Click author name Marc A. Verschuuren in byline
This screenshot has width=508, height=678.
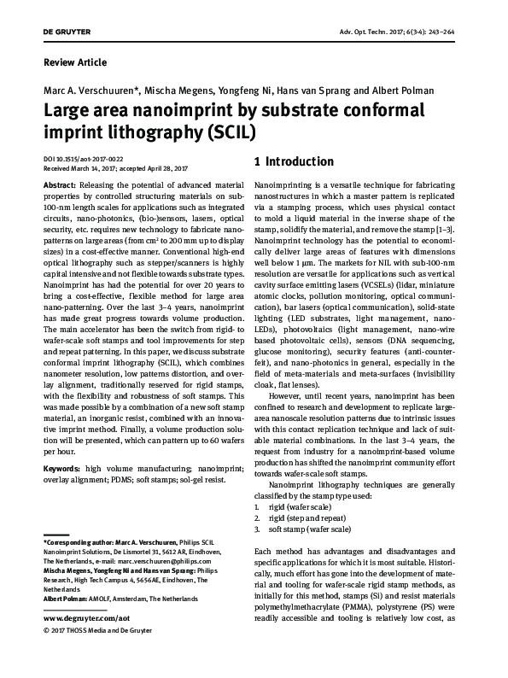[89, 90]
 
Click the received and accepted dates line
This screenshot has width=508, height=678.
[120, 168]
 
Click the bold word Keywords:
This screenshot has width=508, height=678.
[62, 469]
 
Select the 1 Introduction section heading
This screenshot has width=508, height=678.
[295, 161]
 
